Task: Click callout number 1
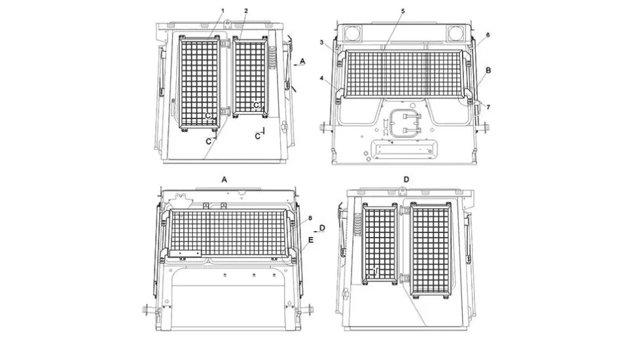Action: tap(223, 10)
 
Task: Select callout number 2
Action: tap(246, 10)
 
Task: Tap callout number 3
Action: tap(321, 43)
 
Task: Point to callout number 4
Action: tap(321, 78)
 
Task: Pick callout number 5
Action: tap(403, 10)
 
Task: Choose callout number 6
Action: tap(488, 35)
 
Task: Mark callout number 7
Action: tap(488, 107)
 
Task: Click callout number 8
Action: tap(310, 218)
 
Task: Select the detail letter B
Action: tap(488, 70)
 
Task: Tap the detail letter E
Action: tap(311, 240)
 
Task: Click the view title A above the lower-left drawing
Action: tap(224, 179)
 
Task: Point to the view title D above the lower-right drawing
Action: tap(406, 179)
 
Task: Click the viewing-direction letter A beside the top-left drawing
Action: tap(303, 62)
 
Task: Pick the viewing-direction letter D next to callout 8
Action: tap(323, 228)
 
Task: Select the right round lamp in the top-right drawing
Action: tap(455, 33)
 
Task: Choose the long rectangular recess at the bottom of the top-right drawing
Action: tap(402, 150)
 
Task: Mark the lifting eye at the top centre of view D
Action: tap(402, 190)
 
